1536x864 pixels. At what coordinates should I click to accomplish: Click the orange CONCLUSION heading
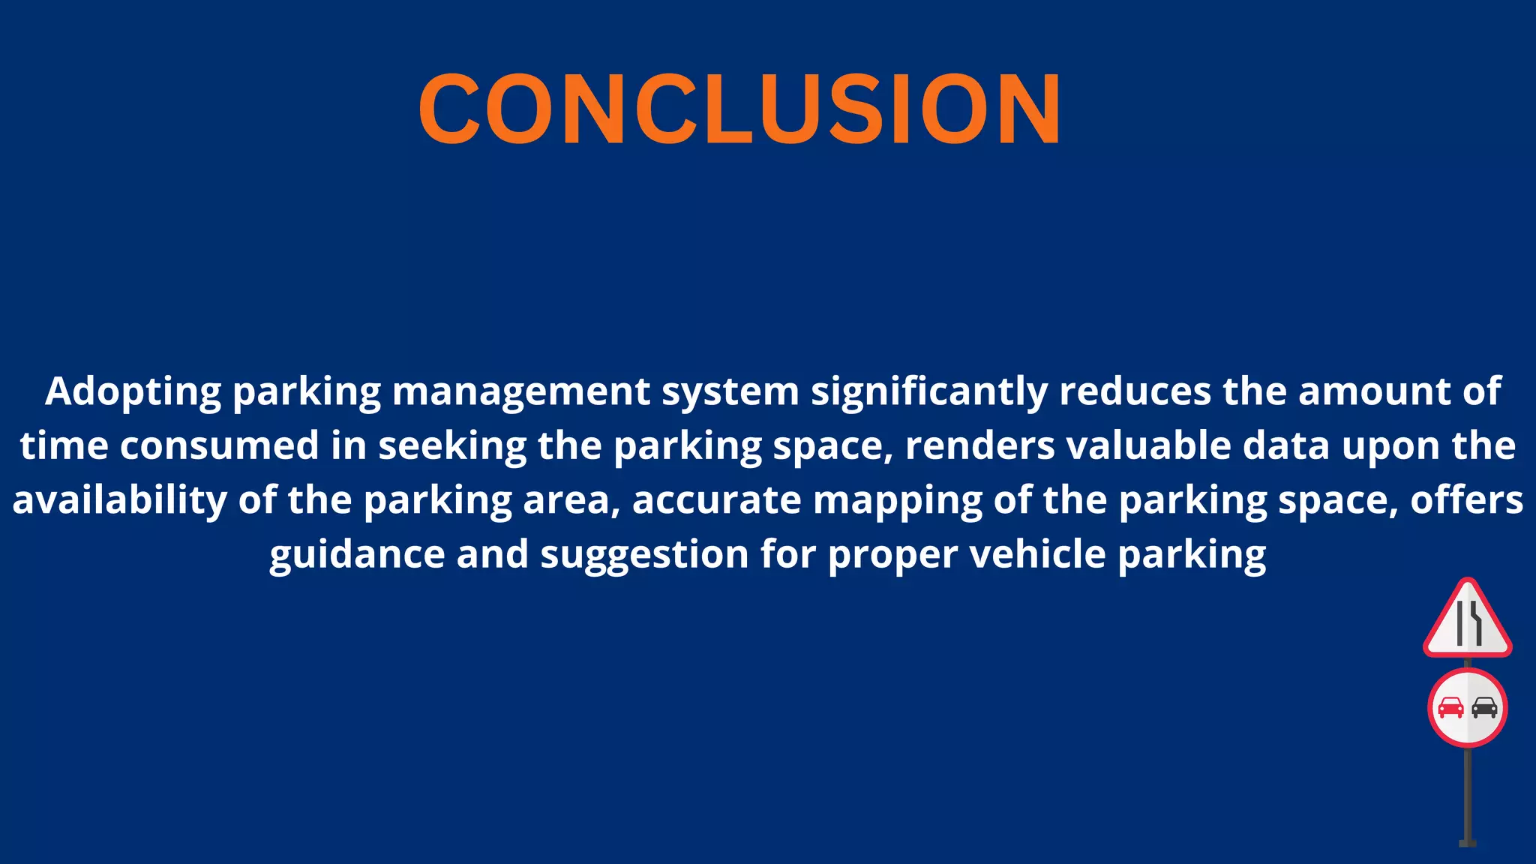coord(739,109)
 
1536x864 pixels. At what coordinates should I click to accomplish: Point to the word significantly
coord(929,392)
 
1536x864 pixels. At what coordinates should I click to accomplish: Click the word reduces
coord(1135,392)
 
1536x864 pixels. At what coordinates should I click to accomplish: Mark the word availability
coord(119,500)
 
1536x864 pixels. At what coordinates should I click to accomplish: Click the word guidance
coord(357,555)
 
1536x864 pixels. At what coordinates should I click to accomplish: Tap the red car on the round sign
coord(1450,707)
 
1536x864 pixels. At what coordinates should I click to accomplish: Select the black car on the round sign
coord(1484,707)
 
